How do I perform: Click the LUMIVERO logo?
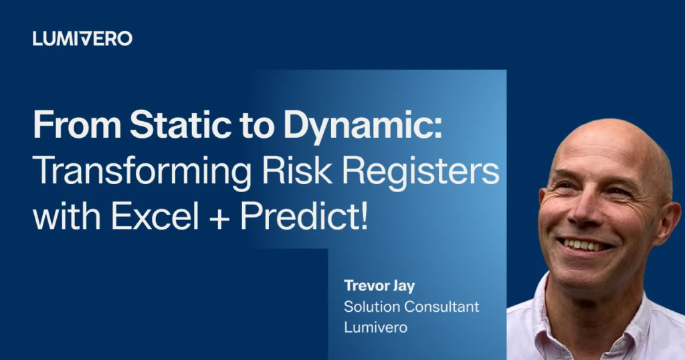(x=82, y=39)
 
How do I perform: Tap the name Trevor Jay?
(x=379, y=286)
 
